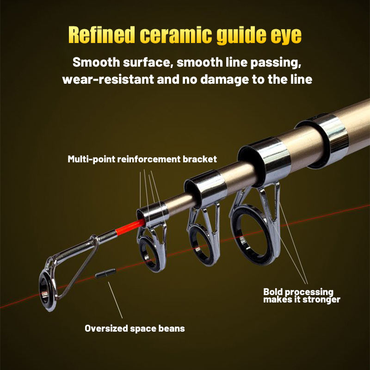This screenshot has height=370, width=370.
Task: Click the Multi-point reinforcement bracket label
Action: [x=142, y=160]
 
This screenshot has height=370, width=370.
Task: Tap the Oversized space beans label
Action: [x=135, y=328]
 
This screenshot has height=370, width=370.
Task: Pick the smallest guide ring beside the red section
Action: [x=151, y=250]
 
